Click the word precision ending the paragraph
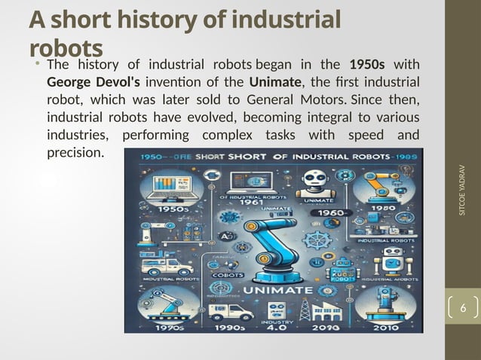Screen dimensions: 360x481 click(76, 153)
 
